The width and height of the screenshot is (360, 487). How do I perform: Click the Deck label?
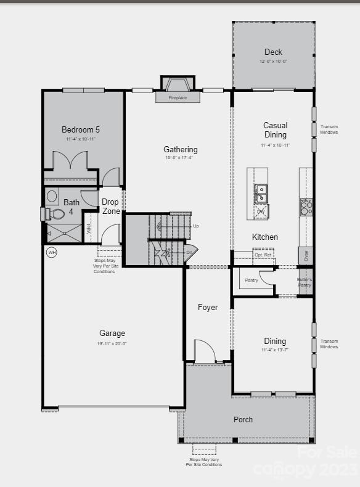coord(273,52)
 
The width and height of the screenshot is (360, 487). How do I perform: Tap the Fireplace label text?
coord(178,97)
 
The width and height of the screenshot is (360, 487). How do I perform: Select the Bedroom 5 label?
coord(81,129)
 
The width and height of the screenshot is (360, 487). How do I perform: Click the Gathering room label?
coord(181,149)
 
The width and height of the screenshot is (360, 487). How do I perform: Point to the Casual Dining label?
coord(275,129)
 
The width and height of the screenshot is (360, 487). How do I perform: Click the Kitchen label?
coord(265,237)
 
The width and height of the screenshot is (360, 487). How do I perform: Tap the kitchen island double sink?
coord(261,193)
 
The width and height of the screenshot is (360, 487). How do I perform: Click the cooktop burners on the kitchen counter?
coord(306,207)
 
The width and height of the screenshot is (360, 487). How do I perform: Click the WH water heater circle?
coord(52,253)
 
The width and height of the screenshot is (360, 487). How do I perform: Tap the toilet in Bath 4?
coord(56,214)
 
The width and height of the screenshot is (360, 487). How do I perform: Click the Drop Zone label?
coord(110,207)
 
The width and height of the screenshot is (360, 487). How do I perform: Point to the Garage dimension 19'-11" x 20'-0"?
coord(112,343)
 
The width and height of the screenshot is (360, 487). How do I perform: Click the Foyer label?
coord(208,307)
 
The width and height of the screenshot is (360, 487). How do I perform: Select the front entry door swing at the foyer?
coord(204,351)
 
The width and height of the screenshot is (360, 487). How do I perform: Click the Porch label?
coord(243,419)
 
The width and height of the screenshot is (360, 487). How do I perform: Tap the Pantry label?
coord(252,280)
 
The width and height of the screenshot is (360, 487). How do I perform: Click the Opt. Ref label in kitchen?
coord(263,255)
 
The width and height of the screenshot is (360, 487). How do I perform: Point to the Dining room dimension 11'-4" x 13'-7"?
coord(275,350)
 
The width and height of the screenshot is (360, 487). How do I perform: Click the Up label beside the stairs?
coord(196,226)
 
